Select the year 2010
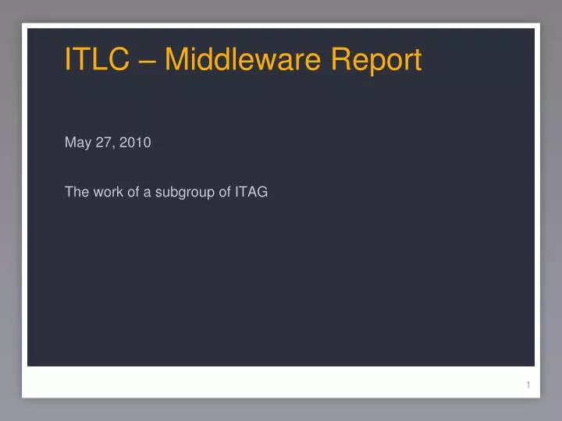(135, 142)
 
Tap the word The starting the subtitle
(76, 193)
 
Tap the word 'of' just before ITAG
(222, 193)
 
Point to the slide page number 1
(528, 385)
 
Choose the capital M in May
(69, 142)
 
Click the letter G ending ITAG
(262, 193)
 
